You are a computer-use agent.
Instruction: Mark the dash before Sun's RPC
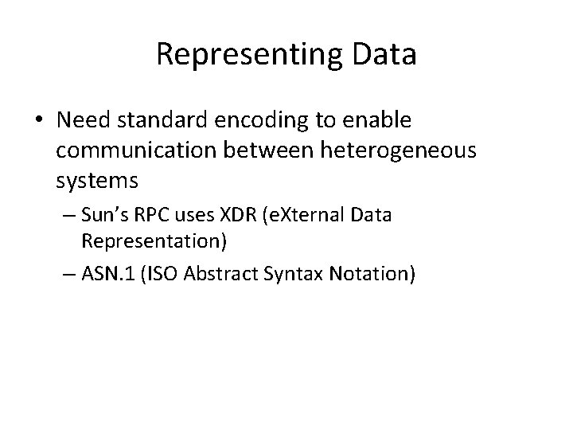pos(69,217)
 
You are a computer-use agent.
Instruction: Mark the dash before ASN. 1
pos(69,273)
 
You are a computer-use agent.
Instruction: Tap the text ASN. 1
pos(107,273)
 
